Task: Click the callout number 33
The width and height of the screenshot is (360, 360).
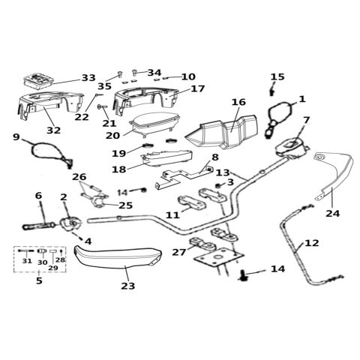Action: pyautogui.click(x=88, y=78)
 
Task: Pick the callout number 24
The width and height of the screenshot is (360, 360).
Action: pyautogui.click(x=332, y=214)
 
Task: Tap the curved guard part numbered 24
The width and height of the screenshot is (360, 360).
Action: pyautogui.click(x=336, y=175)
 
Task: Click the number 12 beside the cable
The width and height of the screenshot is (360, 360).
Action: pyautogui.click(x=312, y=243)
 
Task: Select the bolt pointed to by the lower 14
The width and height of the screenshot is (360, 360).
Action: pyautogui.click(x=244, y=275)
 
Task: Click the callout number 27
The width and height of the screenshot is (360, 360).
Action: pyautogui.click(x=179, y=252)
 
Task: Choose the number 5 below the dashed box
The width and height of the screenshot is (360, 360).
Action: pyautogui.click(x=39, y=280)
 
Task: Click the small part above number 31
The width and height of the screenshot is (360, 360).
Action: pyautogui.click(x=26, y=250)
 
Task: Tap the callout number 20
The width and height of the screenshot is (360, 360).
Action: pyautogui.click(x=112, y=136)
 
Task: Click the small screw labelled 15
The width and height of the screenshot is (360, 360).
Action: pyautogui.click(x=271, y=92)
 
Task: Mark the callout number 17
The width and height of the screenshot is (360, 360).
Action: pyautogui.click(x=197, y=88)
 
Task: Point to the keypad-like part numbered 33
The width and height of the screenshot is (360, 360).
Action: pyautogui.click(x=38, y=80)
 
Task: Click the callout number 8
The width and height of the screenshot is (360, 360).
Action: pyautogui.click(x=215, y=157)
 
